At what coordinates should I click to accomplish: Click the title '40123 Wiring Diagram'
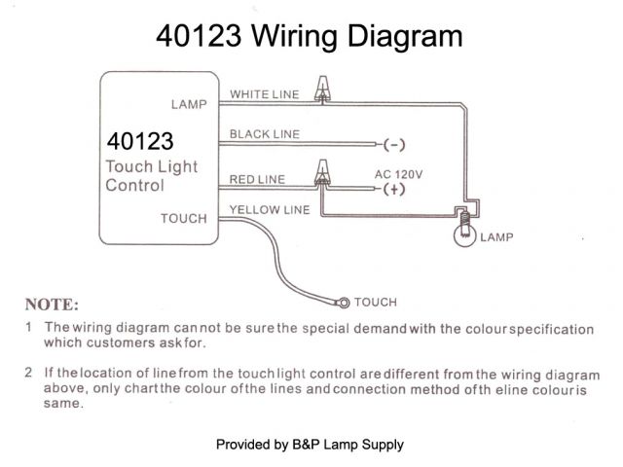[310, 38]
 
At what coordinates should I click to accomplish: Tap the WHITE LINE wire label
[264, 94]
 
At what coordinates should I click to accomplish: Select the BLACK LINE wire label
[264, 134]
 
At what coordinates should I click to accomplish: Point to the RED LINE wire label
[258, 179]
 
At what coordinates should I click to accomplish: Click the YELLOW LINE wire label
[269, 209]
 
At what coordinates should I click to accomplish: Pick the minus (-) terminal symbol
[394, 145]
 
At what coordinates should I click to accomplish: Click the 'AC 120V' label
[399, 174]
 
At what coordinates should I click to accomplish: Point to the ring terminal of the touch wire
[343, 302]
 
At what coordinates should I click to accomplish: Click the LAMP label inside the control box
[189, 104]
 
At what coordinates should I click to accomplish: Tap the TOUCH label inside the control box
[184, 219]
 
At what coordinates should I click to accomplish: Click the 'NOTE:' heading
[52, 304]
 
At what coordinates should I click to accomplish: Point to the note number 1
[29, 328]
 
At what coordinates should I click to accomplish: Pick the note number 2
[29, 373]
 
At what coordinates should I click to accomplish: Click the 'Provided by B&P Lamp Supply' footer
[310, 445]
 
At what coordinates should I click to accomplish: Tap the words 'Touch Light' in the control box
[151, 166]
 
